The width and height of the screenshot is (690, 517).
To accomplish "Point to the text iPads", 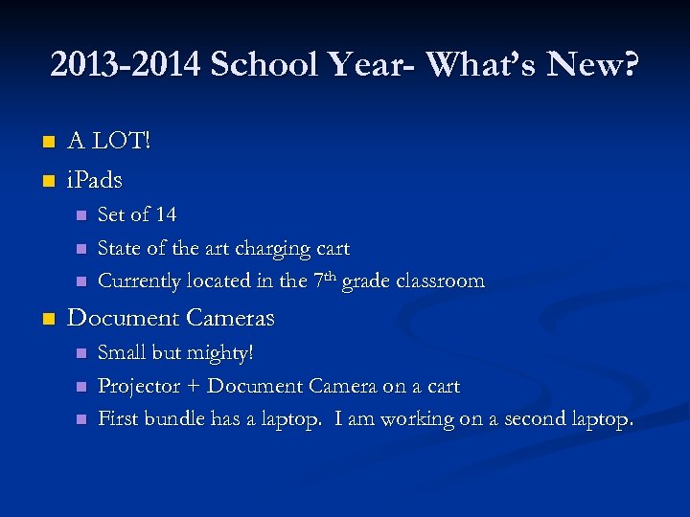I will tap(95, 179).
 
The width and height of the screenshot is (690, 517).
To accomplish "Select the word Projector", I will tap(139, 387).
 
